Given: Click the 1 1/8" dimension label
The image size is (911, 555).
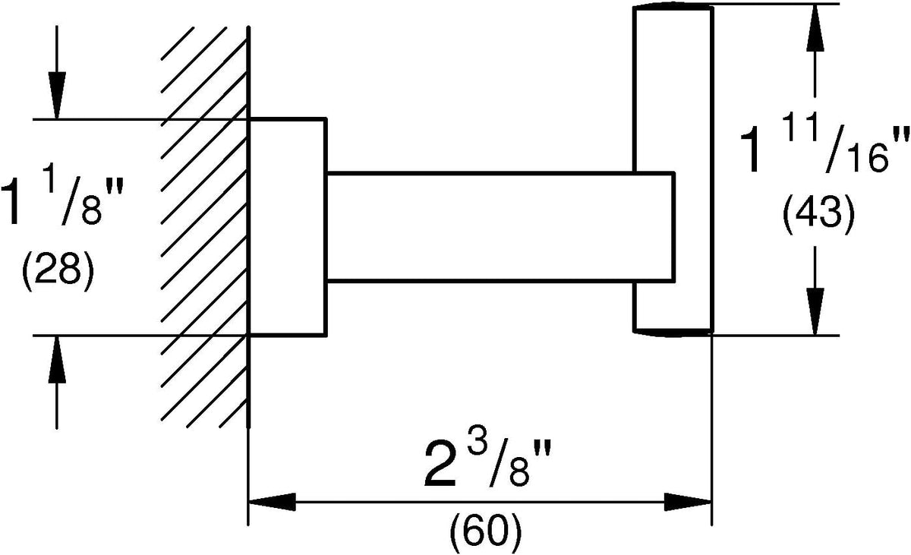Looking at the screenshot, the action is [60, 201].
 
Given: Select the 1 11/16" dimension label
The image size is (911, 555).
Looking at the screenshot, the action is [824, 149].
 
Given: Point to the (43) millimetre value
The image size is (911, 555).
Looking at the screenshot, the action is [818, 215].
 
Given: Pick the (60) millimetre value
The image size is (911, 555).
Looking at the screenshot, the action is [486, 533].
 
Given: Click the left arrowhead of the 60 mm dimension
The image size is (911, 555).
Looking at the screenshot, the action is [272, 502].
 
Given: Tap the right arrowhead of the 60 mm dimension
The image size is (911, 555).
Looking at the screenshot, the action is [688, 502].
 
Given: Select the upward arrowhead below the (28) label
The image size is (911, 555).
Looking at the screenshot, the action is [56, 359].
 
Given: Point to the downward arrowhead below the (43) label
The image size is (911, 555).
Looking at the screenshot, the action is [815, 312].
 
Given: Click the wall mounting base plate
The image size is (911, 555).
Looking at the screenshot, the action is [287, 227].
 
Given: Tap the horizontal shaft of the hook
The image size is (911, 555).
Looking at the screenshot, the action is [500, 227].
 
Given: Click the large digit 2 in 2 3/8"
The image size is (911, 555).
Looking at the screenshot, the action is [440, 466].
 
